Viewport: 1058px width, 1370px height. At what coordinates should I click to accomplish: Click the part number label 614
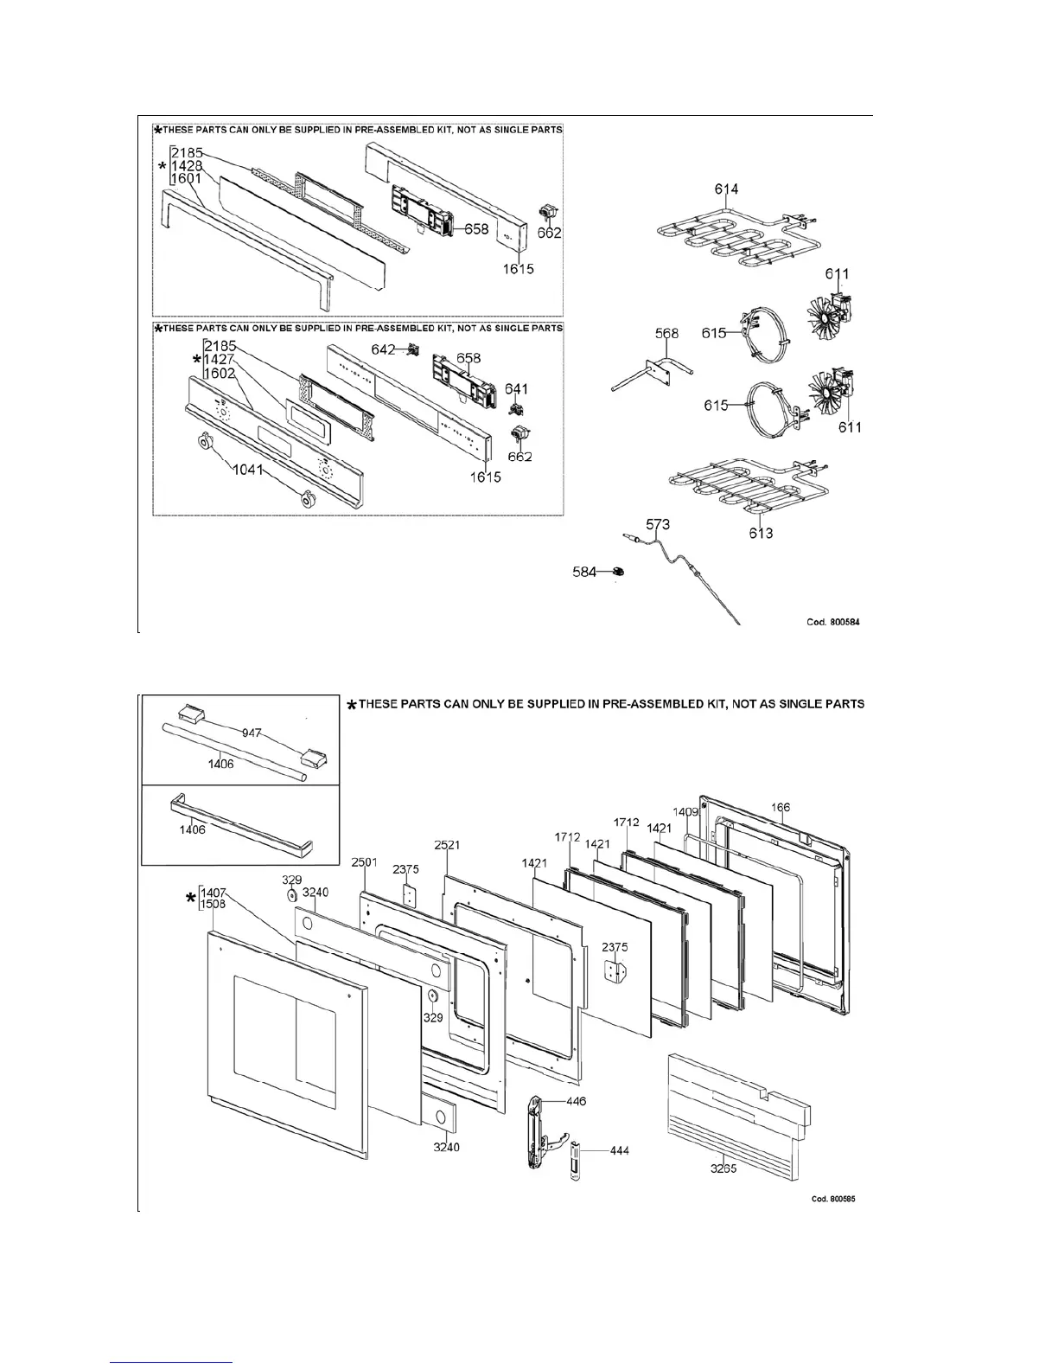tap(726, 189)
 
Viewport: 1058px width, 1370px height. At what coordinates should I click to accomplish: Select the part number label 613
tap(761, 533)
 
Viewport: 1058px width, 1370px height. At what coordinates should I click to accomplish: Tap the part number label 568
tap(666, 334)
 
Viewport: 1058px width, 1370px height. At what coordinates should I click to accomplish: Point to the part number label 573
tap(659, 524)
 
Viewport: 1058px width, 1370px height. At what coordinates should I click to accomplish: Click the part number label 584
tap(585, 572)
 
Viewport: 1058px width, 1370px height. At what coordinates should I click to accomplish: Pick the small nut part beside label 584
tap(618, 572)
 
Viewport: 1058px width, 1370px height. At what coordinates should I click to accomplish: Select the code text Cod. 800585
tap(833, 1199)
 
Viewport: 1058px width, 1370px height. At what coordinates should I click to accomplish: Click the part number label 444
tap(619, 1150)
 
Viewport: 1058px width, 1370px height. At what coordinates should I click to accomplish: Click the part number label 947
tap(252, 733)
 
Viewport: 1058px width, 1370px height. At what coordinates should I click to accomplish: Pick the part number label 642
tap(384, 349)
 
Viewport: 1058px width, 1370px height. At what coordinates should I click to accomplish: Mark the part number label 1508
tap(214, 905)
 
